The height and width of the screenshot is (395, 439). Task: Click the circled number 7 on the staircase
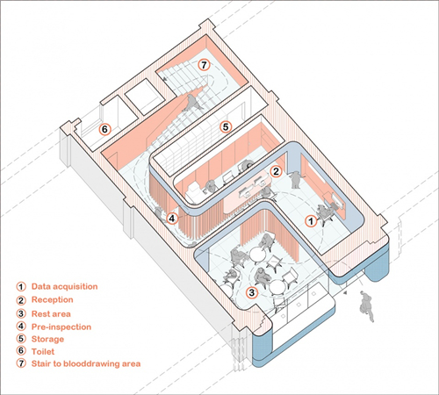[x=204, y=65]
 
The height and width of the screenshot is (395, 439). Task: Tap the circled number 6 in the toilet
[x=104, y=129]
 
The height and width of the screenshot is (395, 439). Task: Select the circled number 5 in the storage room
[x=226, y=127]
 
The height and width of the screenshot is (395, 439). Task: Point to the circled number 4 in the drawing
[x=172, y=219]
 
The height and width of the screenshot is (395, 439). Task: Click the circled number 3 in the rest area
[x=252, y=292]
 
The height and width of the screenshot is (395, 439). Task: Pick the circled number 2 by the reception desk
[x=276, y=171]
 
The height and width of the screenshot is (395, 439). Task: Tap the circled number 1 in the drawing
[x=311, y=221]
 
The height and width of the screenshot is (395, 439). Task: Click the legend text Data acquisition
[x=64, y=286]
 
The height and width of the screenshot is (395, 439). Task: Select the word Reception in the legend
[x=53, y=300]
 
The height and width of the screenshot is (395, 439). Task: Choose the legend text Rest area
[x=51, y=314]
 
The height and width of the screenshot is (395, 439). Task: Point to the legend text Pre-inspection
[x=61, y=327]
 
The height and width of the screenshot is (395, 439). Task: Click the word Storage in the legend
[x=47, y=339]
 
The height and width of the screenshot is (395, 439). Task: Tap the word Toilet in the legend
[x=43, y=351]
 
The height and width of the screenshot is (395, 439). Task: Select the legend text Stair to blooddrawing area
[x=86, y=363]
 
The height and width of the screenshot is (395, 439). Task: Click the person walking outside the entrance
[x=367, y=306]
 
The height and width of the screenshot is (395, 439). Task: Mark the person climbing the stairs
[x=191, y=103]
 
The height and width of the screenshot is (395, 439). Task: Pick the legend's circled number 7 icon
[x=21, y=363]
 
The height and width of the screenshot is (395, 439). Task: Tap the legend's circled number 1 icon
[x=21, y=287]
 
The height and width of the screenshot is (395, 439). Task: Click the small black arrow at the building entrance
[x=346, y=293]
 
